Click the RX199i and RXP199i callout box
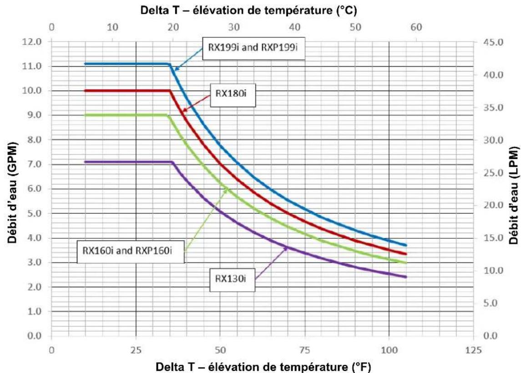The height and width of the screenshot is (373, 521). click(254, 48)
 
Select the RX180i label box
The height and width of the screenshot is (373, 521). click(233, 96)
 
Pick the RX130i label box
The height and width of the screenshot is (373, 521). click(232, 280)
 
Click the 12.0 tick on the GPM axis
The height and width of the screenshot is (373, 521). click(32, 42)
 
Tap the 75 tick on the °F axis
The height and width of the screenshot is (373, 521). click(304, 350)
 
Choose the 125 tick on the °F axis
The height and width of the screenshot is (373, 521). click(474, 350)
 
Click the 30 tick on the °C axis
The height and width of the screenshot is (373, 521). click(234, 27)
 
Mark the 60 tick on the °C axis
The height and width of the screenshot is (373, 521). click(416, 27)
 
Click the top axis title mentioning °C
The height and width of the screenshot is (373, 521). click(248, 10)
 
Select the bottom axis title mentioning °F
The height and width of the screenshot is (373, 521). click(263, 367)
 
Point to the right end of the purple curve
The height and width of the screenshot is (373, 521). click(406, 277)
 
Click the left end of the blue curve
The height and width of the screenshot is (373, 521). click(86, 64)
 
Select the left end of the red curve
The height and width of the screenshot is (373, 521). click(86, 91)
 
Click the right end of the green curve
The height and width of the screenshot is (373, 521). click(406, 263)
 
